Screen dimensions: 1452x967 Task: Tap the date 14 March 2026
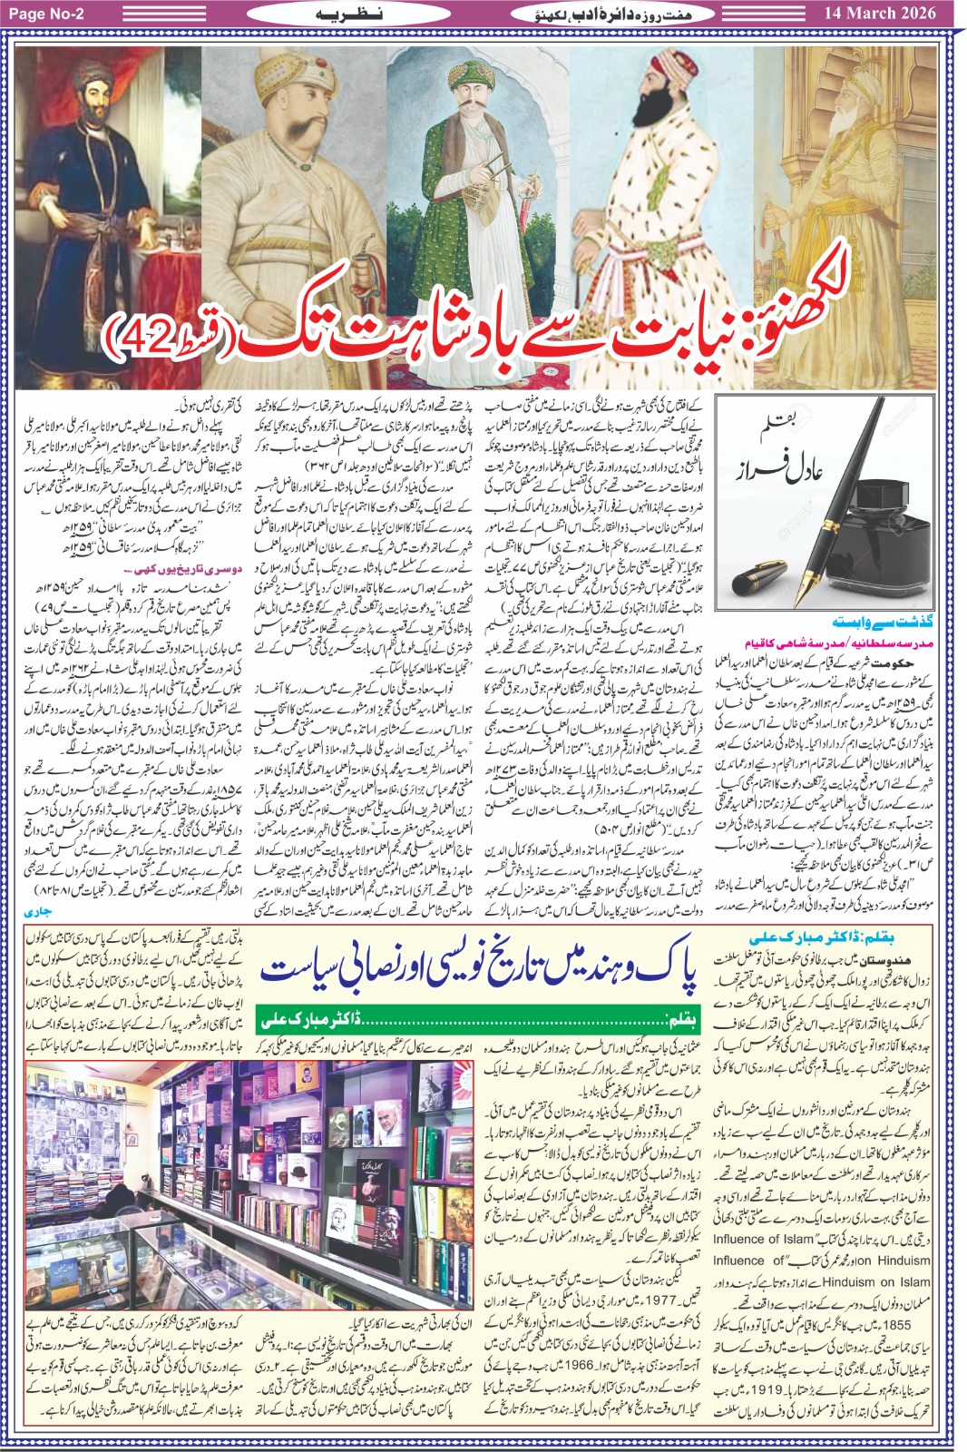click(x=880, y=13)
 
